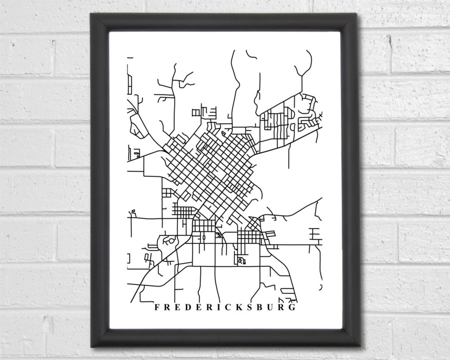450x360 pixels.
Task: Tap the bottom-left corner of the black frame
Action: point(91,347)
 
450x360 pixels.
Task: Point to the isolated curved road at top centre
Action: point(251,55)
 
